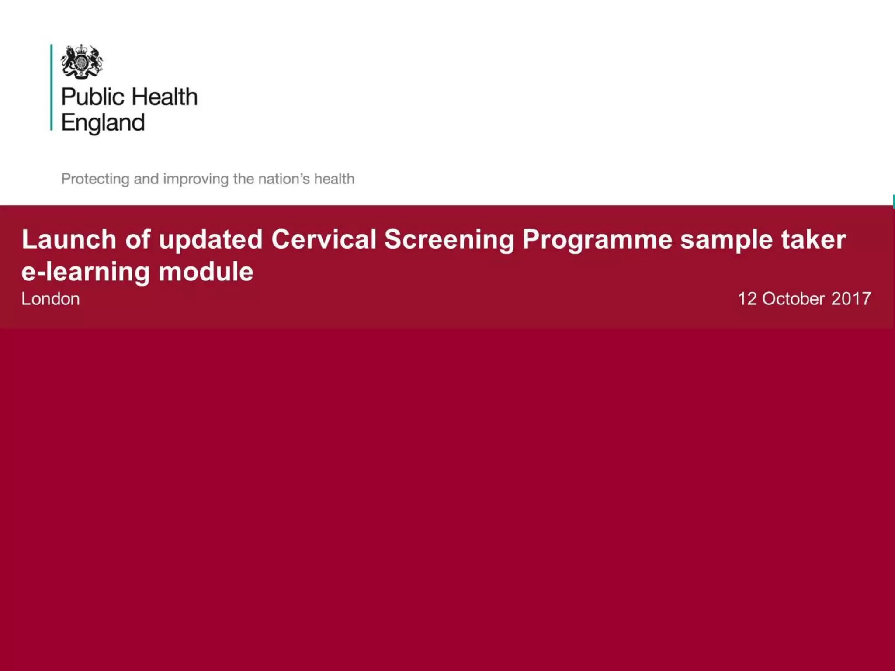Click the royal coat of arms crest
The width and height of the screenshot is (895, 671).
pos(82,62)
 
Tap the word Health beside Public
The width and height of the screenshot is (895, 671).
pos(164,97)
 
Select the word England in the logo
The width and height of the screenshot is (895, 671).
pos(103,123)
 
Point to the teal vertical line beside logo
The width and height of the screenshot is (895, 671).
pos(51,87)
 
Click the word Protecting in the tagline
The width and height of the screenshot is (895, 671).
pos(95,179)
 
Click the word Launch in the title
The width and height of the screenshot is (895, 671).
pos(69,239)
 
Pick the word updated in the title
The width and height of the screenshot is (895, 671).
pos(211,239)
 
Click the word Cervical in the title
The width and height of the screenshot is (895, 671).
pos(324,239)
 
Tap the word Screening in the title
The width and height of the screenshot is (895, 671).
pos(449,240)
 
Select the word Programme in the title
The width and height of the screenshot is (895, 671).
pos(597,240)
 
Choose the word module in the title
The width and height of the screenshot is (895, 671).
pos(206,271)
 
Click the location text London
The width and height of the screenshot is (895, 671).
pos(51,299)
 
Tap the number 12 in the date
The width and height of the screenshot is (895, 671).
pos(747,299)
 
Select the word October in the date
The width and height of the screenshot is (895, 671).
pos(794,299)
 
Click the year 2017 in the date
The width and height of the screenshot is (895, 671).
pos(851,299)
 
